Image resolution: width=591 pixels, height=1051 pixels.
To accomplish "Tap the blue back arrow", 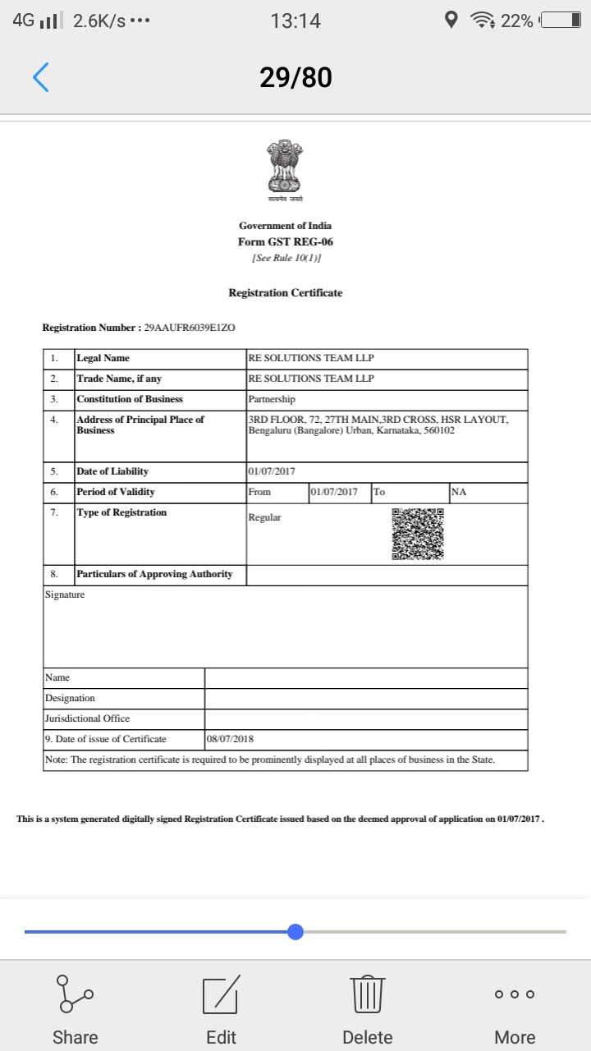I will pyautogui.click(x=41, y=77).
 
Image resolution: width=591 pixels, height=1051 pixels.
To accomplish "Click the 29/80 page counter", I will pyautogui.click(x=295, y=77).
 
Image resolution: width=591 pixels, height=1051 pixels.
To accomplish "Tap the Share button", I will pyautogui.click(x=75, y=1009).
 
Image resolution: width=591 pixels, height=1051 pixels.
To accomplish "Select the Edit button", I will pyautogui.click(x=221, y=1009).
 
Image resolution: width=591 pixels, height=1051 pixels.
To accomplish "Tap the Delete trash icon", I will pyautogui.click(x=368, y=1009).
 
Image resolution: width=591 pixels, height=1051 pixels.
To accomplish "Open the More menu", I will pyautogui.click(x=515, y=1009).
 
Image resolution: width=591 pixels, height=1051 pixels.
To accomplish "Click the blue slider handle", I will pyautogui.click(x=295, y=932).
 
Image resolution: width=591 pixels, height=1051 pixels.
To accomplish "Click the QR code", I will pyautogui.click(x=418, y=534).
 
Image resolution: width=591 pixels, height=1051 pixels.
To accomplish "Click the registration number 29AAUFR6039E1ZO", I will pyautogui.click(x=190, y=328).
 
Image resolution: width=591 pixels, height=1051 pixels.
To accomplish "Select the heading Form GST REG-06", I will pyautogui.click(x=285, y=242).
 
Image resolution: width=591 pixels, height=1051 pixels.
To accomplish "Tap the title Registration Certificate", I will pyautogui.click(x=285, y=293).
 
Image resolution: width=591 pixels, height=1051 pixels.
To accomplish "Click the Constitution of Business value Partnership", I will pyautogui.click(x=272, y=399).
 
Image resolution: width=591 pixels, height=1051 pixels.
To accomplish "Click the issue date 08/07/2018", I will pyautogui.click(x=231, y=739).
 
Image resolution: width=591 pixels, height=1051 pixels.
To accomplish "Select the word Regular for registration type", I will pyautogui.click(x=264, y=517).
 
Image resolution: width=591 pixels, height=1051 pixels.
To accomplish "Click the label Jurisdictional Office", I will pyautogui.click(x=87, y=718).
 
